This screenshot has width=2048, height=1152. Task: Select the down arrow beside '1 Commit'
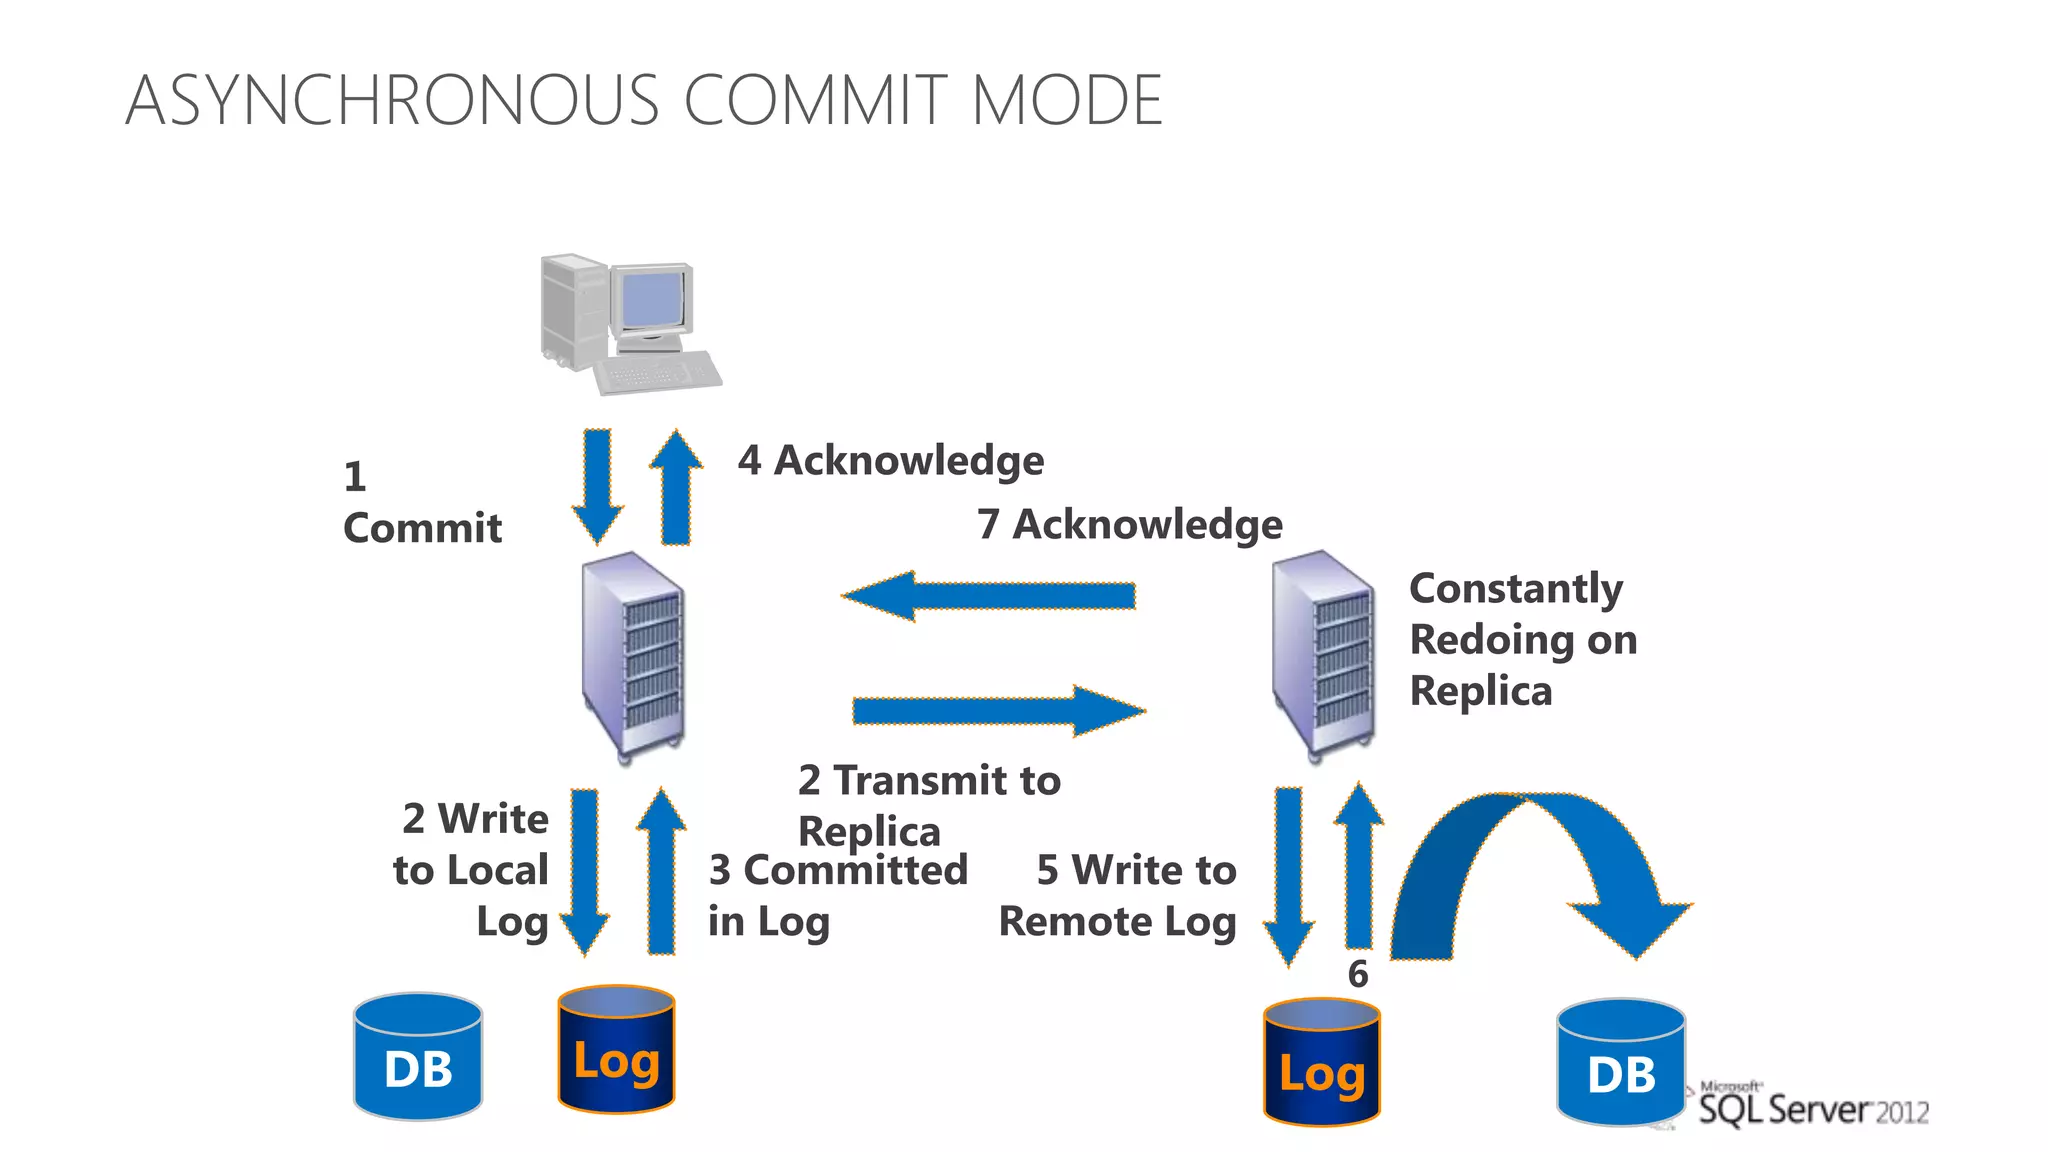pyautogui.click(x=598, y=484)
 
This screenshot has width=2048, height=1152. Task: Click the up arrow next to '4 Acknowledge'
pyautogui.click(x=676, y=488)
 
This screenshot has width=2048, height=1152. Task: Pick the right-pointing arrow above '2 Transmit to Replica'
pyautogui.click(x=998, y=711)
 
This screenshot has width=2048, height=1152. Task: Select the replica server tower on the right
pyautogui.click(x=1322, y=655)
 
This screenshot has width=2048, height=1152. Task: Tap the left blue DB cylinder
pyautogui.click(x=418, y=1057)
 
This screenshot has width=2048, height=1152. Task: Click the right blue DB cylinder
pyautogui.click(x=1621, y=1063)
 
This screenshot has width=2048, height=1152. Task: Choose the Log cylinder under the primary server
pyautogui.click(x=616, y=1050)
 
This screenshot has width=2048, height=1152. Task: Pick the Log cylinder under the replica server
pyautogui.click(x=1322, y=1062)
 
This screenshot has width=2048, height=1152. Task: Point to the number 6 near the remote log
pyautogui.click(x=1358, y=974)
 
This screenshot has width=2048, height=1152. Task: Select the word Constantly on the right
pyautogui.click(x=1515, y=589)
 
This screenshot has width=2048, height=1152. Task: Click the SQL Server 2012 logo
pyautogui.click(x=1812, y=1107)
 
